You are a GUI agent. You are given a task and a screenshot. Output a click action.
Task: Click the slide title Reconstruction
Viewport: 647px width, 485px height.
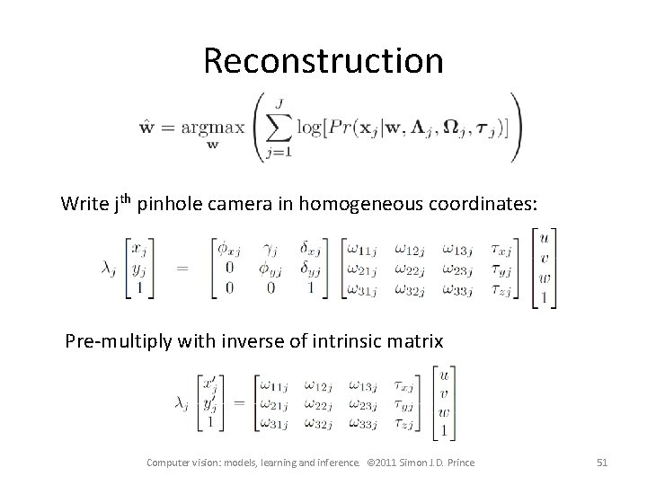click(x=323, y=61)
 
